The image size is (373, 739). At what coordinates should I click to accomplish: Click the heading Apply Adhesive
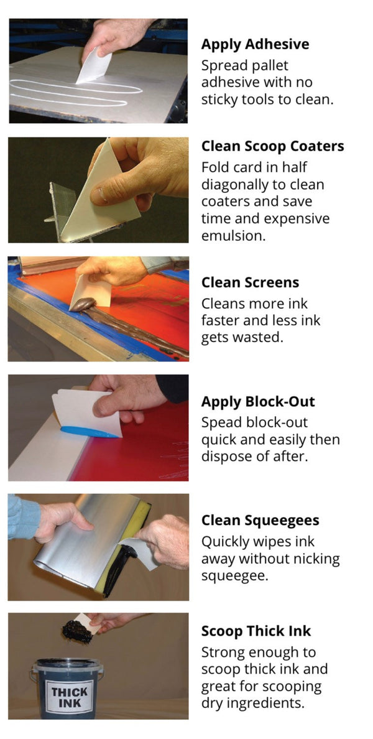[255, 45]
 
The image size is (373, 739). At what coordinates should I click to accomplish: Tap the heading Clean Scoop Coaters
[272, 147]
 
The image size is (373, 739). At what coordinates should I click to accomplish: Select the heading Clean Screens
[250, 282]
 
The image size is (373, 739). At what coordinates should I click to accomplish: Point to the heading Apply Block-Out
[258, 401]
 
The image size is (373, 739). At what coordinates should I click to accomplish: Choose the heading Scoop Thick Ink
[256, 631]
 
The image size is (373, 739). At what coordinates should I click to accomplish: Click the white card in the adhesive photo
[94, 67]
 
